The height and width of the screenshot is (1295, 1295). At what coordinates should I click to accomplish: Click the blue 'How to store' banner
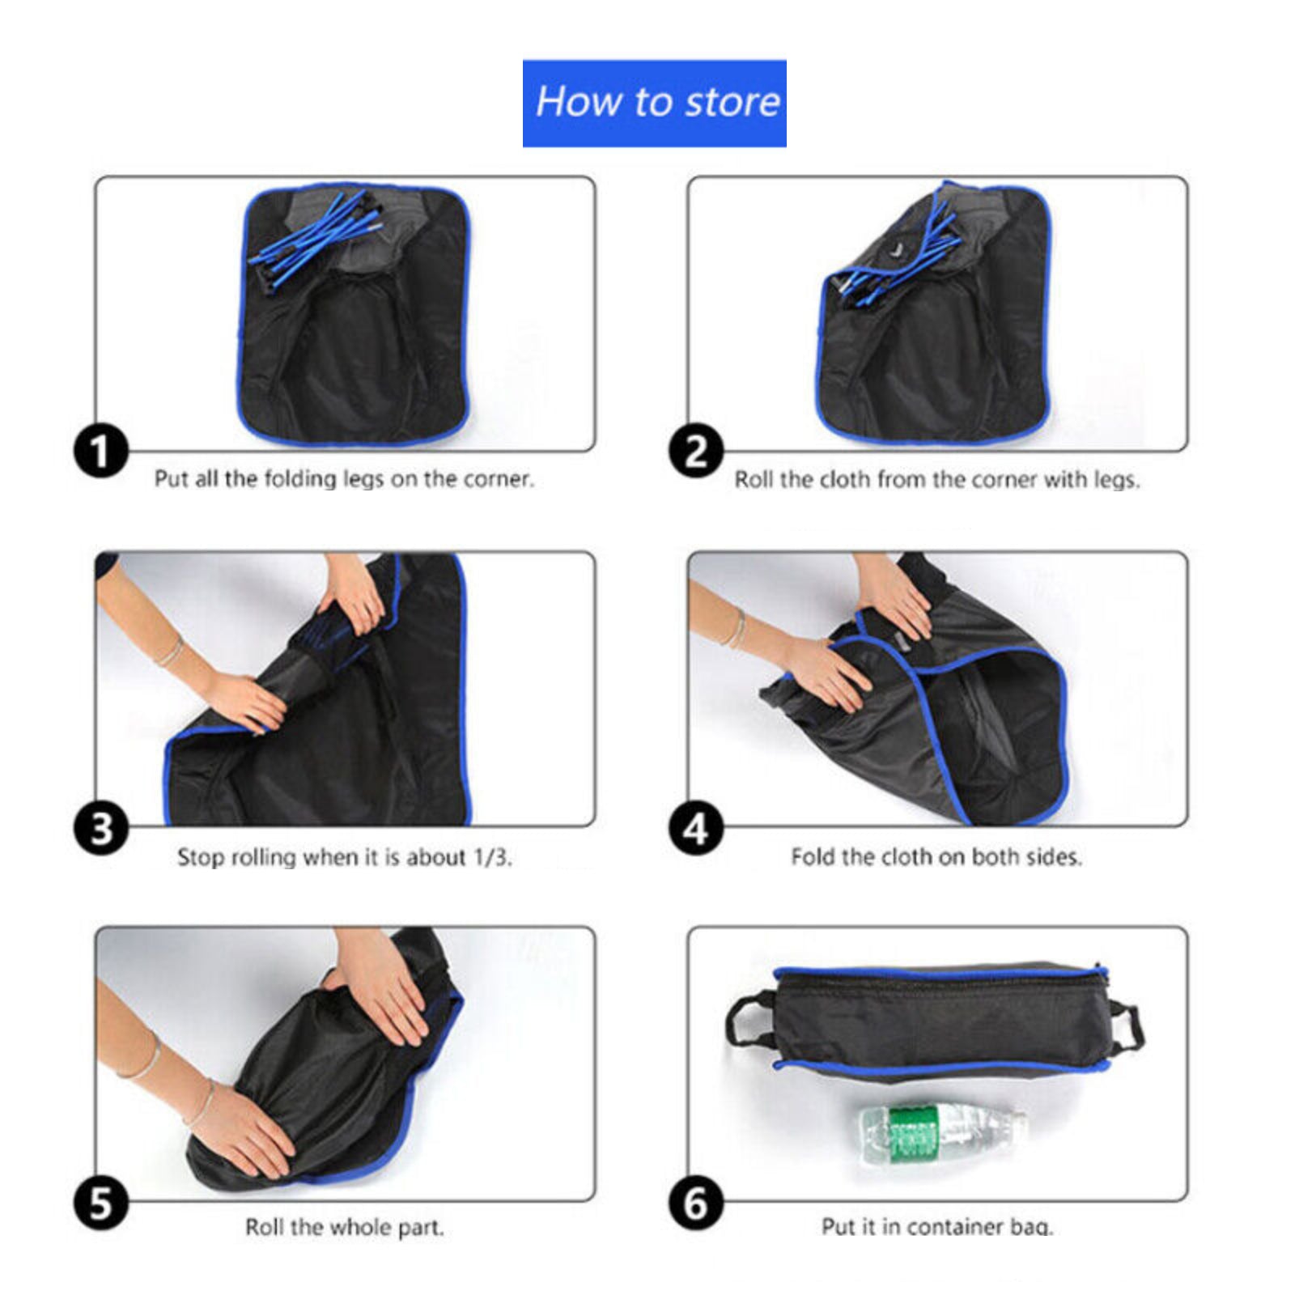coord(654,103)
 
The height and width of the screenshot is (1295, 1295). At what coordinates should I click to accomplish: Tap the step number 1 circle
coord(101,451)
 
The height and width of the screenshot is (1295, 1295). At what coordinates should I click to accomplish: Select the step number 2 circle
coord(696,451)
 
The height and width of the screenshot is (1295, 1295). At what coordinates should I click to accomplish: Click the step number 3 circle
coord(101,828)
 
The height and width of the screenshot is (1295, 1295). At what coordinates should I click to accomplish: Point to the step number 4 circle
coord(696,828)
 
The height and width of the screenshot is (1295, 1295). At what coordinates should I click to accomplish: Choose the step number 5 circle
coord(101,1204)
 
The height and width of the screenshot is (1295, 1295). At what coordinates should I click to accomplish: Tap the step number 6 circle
coord(696,1204)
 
